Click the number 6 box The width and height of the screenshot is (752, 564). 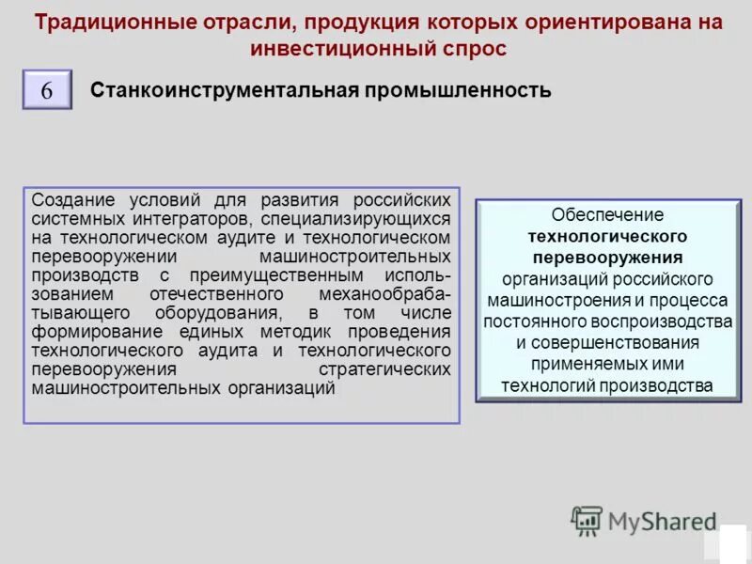point(47,92)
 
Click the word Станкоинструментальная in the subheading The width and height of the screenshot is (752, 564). point(225,91)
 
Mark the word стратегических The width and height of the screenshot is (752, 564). point(384,369)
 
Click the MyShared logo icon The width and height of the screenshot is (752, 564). point(587,520)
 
